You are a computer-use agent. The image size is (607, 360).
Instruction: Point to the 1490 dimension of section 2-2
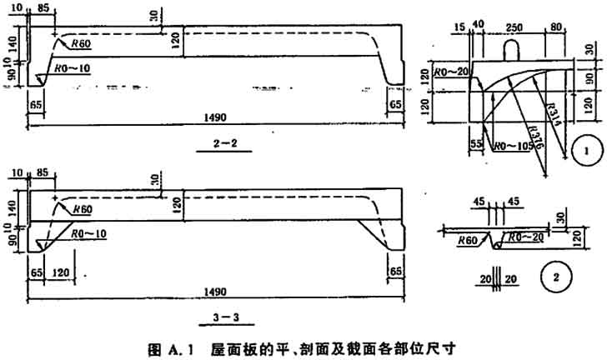pyautogui.click(x=218, y=117)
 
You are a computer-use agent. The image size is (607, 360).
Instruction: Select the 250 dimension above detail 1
pyautogui.click(x=514, y=27)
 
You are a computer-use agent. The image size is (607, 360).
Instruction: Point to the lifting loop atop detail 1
pyautogui.click(x=515, y=50)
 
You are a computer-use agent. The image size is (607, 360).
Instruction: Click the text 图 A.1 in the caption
pyautogui.click(x=170, y=345)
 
